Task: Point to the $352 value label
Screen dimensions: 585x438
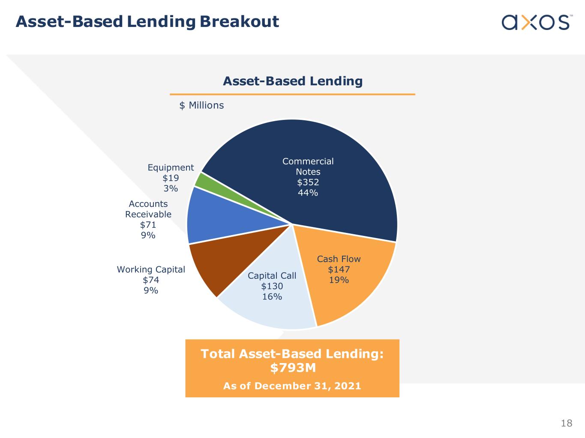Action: click(x=308, y=182)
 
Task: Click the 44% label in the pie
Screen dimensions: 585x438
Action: click(x=308, y=193)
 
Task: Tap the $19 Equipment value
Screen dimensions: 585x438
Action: click(x=171, y=178)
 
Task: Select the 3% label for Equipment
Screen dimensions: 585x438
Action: click(x=171, y=188)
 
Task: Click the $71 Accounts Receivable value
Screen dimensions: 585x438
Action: click(x=148, y=225)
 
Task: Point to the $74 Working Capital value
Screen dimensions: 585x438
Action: click(x=151, y=280)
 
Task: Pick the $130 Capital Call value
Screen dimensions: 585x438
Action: click(x=272, y=286)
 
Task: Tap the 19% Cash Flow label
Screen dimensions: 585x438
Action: click(x=339, y=280)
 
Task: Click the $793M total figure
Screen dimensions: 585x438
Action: click(x=293, y=368)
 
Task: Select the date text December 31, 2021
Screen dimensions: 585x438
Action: click(x=308, y=386)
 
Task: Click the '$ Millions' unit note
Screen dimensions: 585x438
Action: click(x=201, y=105)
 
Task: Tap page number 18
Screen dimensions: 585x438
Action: click(x=567, y=423)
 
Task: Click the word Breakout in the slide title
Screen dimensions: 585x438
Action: click(x=239, y=21)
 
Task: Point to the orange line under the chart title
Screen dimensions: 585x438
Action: click(x=292, y=94)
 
